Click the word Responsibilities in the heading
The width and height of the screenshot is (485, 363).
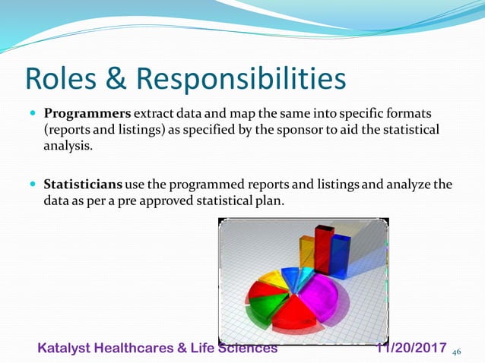[241, 78]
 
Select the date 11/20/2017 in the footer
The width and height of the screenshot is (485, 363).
[412, 348]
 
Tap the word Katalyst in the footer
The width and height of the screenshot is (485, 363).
[65, 348]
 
